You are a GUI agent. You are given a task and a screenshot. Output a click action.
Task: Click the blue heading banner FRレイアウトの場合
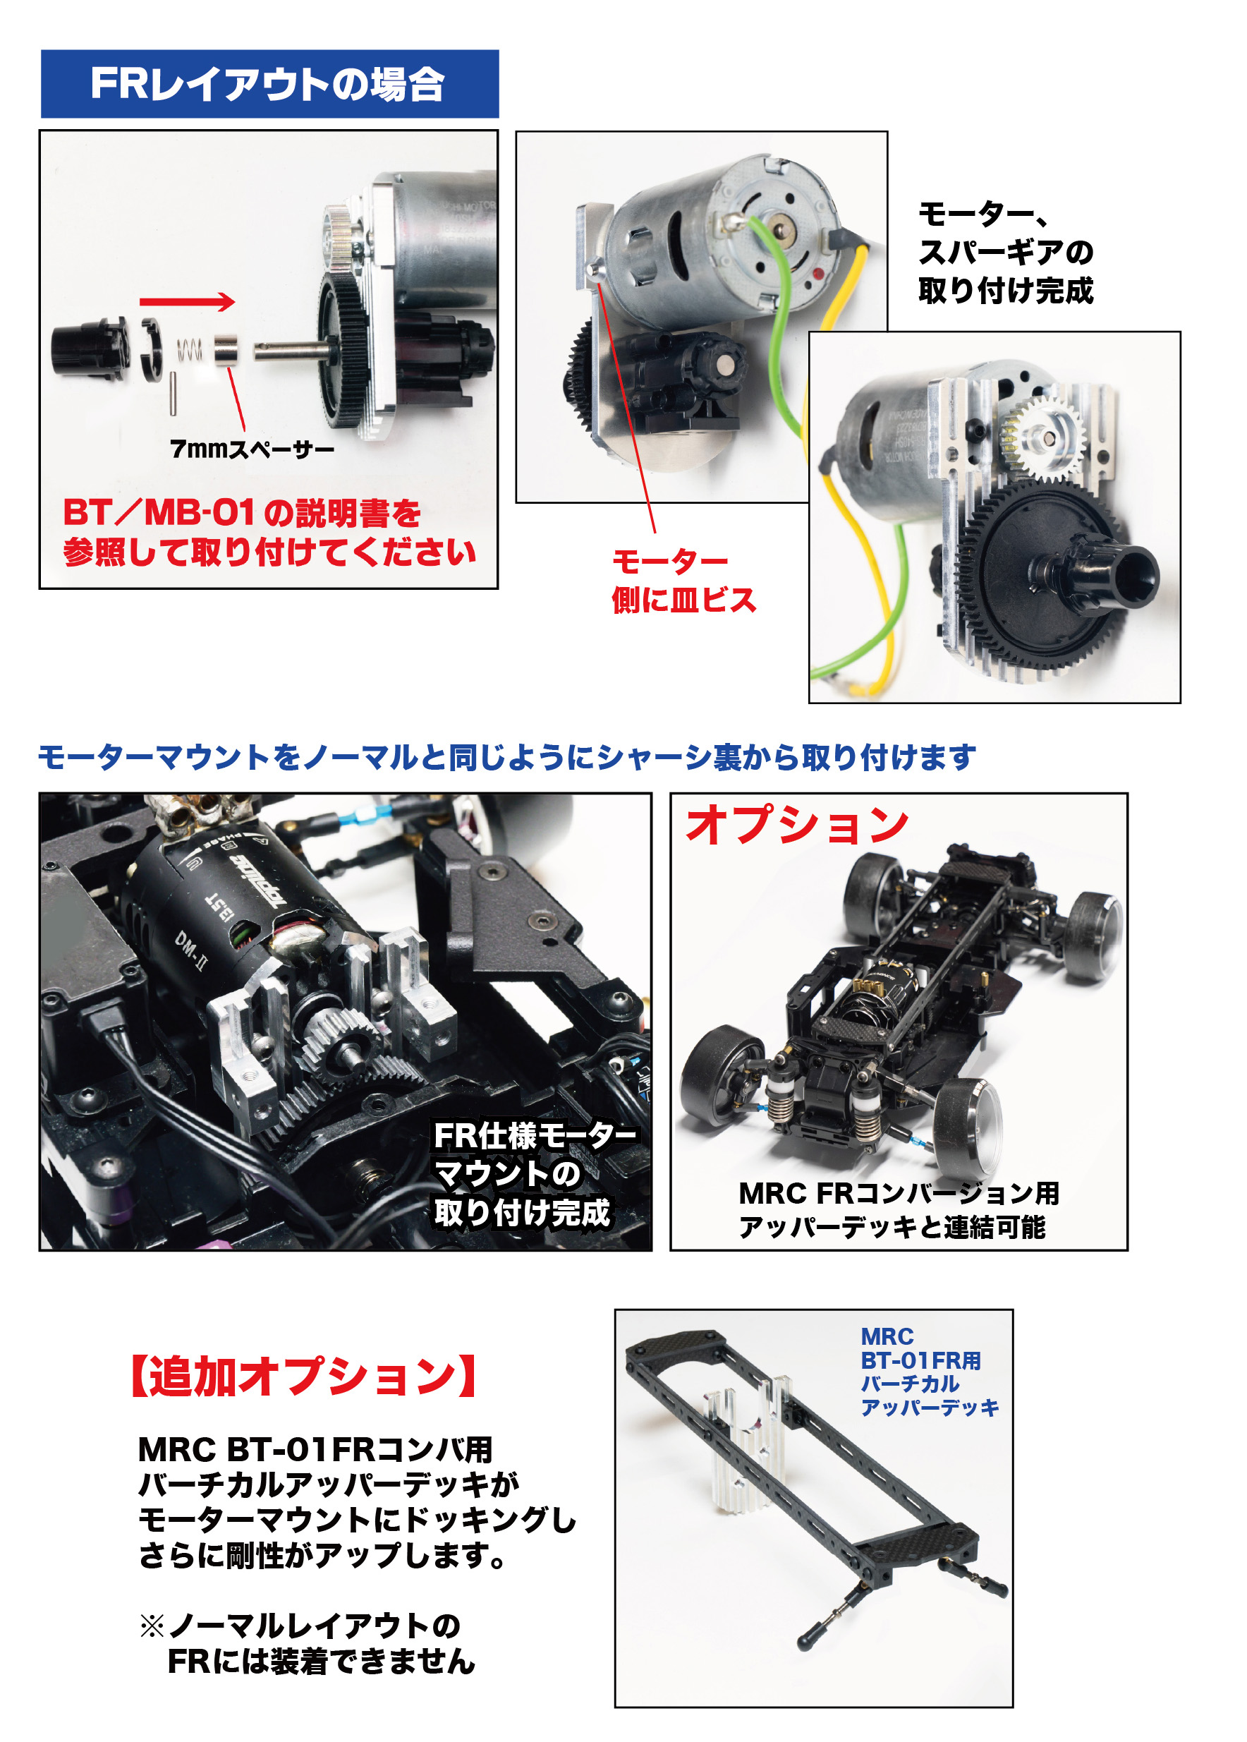point(269,84)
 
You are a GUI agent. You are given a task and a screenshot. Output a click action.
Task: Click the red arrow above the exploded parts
point(188,302)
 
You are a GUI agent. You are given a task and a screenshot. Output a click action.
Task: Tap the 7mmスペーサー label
point(252,449)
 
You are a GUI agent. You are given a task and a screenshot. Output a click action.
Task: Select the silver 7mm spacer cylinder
point(226,349)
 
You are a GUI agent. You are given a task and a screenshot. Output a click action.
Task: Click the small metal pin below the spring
point(173,393)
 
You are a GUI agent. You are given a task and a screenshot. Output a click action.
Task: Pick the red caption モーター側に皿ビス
point(683,581)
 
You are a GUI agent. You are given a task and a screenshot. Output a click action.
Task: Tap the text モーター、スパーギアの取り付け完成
point(1005,252)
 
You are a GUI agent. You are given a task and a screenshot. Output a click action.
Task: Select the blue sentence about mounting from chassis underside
point(507,757)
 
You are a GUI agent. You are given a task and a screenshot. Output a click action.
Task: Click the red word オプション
point(797,825)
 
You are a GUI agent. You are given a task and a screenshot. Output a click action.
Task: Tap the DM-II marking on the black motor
point(190,950)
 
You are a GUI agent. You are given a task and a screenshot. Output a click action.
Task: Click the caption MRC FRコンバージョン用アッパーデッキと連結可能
point(899,1210)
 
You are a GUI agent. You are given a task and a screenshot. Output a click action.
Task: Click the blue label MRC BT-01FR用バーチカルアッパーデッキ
point(929,1371)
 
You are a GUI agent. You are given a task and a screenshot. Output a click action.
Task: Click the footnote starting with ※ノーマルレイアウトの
point(307,1644)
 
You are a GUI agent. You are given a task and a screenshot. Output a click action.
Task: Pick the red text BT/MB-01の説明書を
point(242,512)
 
